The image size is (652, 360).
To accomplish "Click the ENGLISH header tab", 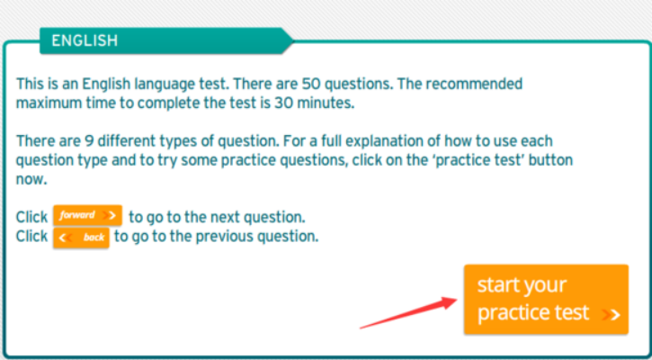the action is point(166,40).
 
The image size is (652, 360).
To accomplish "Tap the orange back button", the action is point(81,238).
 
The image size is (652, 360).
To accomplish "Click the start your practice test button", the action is point(546,299).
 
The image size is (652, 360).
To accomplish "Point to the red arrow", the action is point(408,312).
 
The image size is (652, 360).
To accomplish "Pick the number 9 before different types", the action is point(88,141).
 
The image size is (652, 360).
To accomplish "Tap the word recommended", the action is point(474,84).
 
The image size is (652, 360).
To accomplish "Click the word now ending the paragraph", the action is point(30,180).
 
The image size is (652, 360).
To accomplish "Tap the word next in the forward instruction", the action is point(227,218).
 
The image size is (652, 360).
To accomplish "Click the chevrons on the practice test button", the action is point(611,315).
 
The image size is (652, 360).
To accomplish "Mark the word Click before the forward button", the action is point(31,217).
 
